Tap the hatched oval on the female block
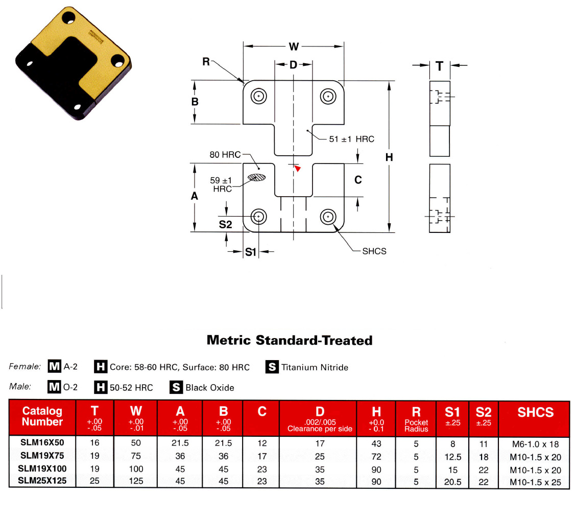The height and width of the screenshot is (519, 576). coord(257,177)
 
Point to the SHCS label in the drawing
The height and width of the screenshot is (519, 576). coord(374,251)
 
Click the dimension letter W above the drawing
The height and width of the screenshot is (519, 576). coord(294,47)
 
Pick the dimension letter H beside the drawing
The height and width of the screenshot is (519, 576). coord(389,157)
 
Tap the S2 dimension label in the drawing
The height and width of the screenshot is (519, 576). coord(225,224)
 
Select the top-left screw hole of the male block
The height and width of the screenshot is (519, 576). coord(259,96)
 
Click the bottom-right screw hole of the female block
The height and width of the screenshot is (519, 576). coord(328,217)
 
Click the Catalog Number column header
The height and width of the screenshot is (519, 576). coord(42,417)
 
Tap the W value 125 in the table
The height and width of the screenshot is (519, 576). coord(136,481)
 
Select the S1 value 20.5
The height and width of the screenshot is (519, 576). coord(452,481)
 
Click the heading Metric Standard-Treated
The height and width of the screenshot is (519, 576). coord(290,340)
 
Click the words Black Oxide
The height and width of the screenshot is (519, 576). coord(210,388)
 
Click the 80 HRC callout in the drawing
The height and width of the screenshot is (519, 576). coord(225,155)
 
